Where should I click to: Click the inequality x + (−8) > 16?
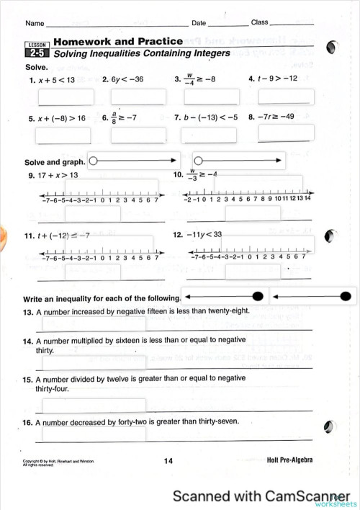tap(61, 117)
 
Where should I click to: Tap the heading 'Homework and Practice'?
tap(109, 42)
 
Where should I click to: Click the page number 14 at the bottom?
tap(168, 460)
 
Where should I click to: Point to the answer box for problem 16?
tap(94, 434)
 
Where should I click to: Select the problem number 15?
tap(28, 378)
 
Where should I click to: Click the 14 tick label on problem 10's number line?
tap(307, 198)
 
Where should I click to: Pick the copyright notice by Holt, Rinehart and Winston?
tap(58, 462)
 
